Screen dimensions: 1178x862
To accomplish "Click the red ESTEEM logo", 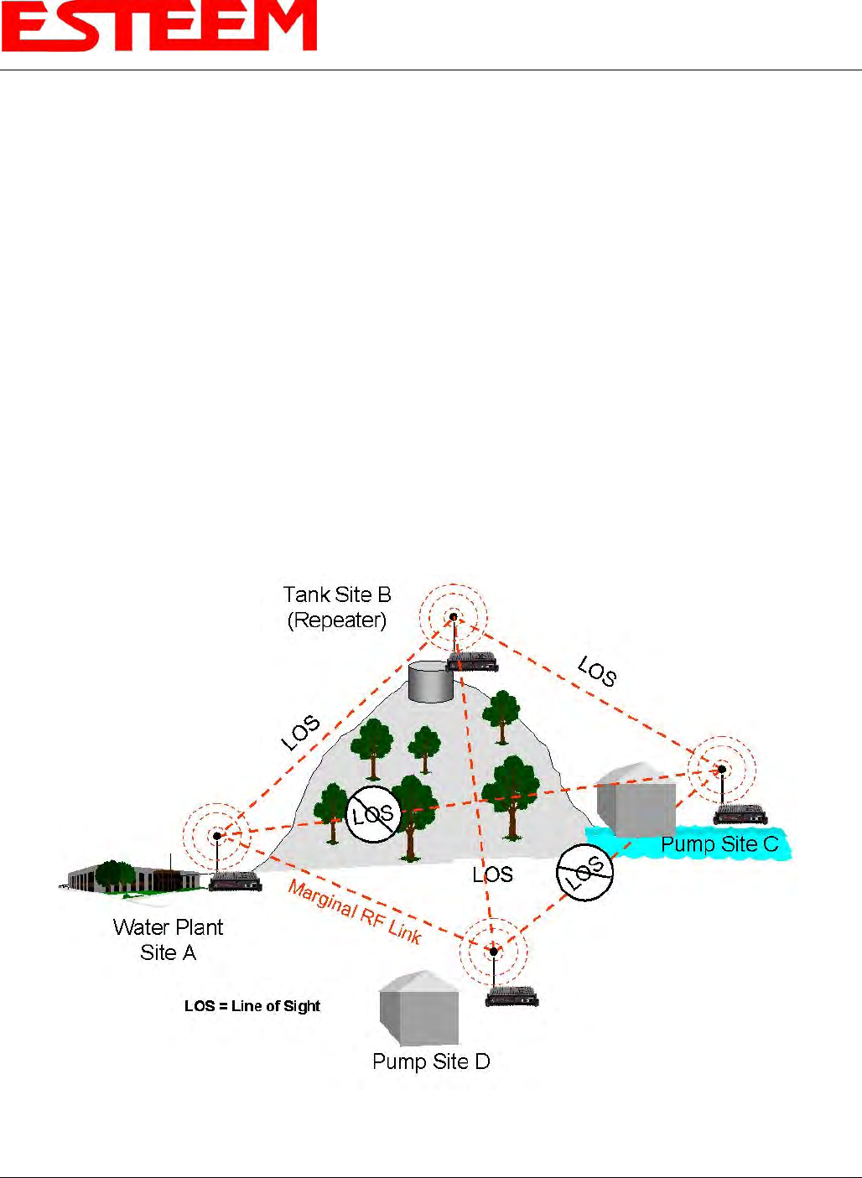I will coord(159,28).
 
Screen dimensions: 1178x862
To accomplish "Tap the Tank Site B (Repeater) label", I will coord(337,607).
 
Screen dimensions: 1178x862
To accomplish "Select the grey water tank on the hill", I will coord(430,681).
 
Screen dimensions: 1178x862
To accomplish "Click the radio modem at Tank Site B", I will coord(472,662).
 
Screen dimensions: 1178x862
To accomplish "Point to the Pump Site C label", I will coord(719,844).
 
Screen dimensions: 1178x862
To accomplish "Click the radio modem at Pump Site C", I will coord(740,813).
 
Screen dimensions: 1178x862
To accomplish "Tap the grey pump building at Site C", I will coord(636,799).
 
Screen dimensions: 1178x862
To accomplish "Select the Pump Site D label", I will coord(431,1061).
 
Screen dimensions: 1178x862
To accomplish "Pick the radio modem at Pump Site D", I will coord(512,996).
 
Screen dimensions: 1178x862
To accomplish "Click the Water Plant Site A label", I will coord(168,940).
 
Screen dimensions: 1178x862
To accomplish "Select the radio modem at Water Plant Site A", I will coord(235,880).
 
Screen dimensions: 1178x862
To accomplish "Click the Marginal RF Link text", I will coord(354,912).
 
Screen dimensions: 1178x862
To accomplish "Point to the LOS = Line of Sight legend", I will coord(252,1006).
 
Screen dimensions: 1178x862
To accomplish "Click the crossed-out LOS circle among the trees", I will coord(372,814).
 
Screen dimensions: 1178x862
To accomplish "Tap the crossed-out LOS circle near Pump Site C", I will coord(585,872).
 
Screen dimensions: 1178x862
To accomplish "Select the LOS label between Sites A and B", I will coord(300,732).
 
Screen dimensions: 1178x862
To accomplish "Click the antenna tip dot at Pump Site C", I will coord(721,769).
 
